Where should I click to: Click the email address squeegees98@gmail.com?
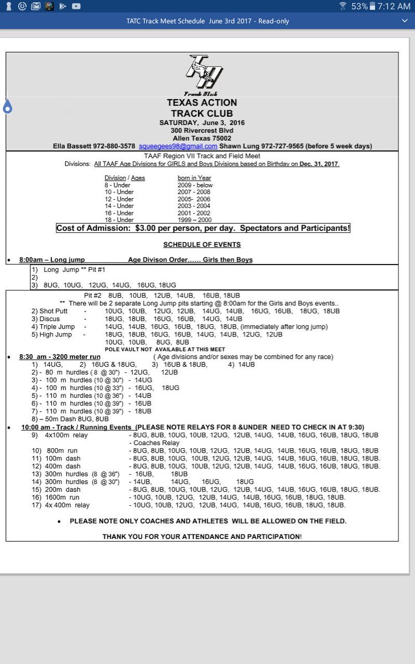(178, 146)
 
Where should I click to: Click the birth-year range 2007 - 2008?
(191, 192)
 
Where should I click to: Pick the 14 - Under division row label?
(119, 206)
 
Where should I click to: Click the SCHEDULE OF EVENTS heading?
(202, 245)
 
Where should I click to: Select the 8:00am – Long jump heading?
(51, 260)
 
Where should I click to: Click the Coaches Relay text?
(156, 443)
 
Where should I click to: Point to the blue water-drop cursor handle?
(8, 106)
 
